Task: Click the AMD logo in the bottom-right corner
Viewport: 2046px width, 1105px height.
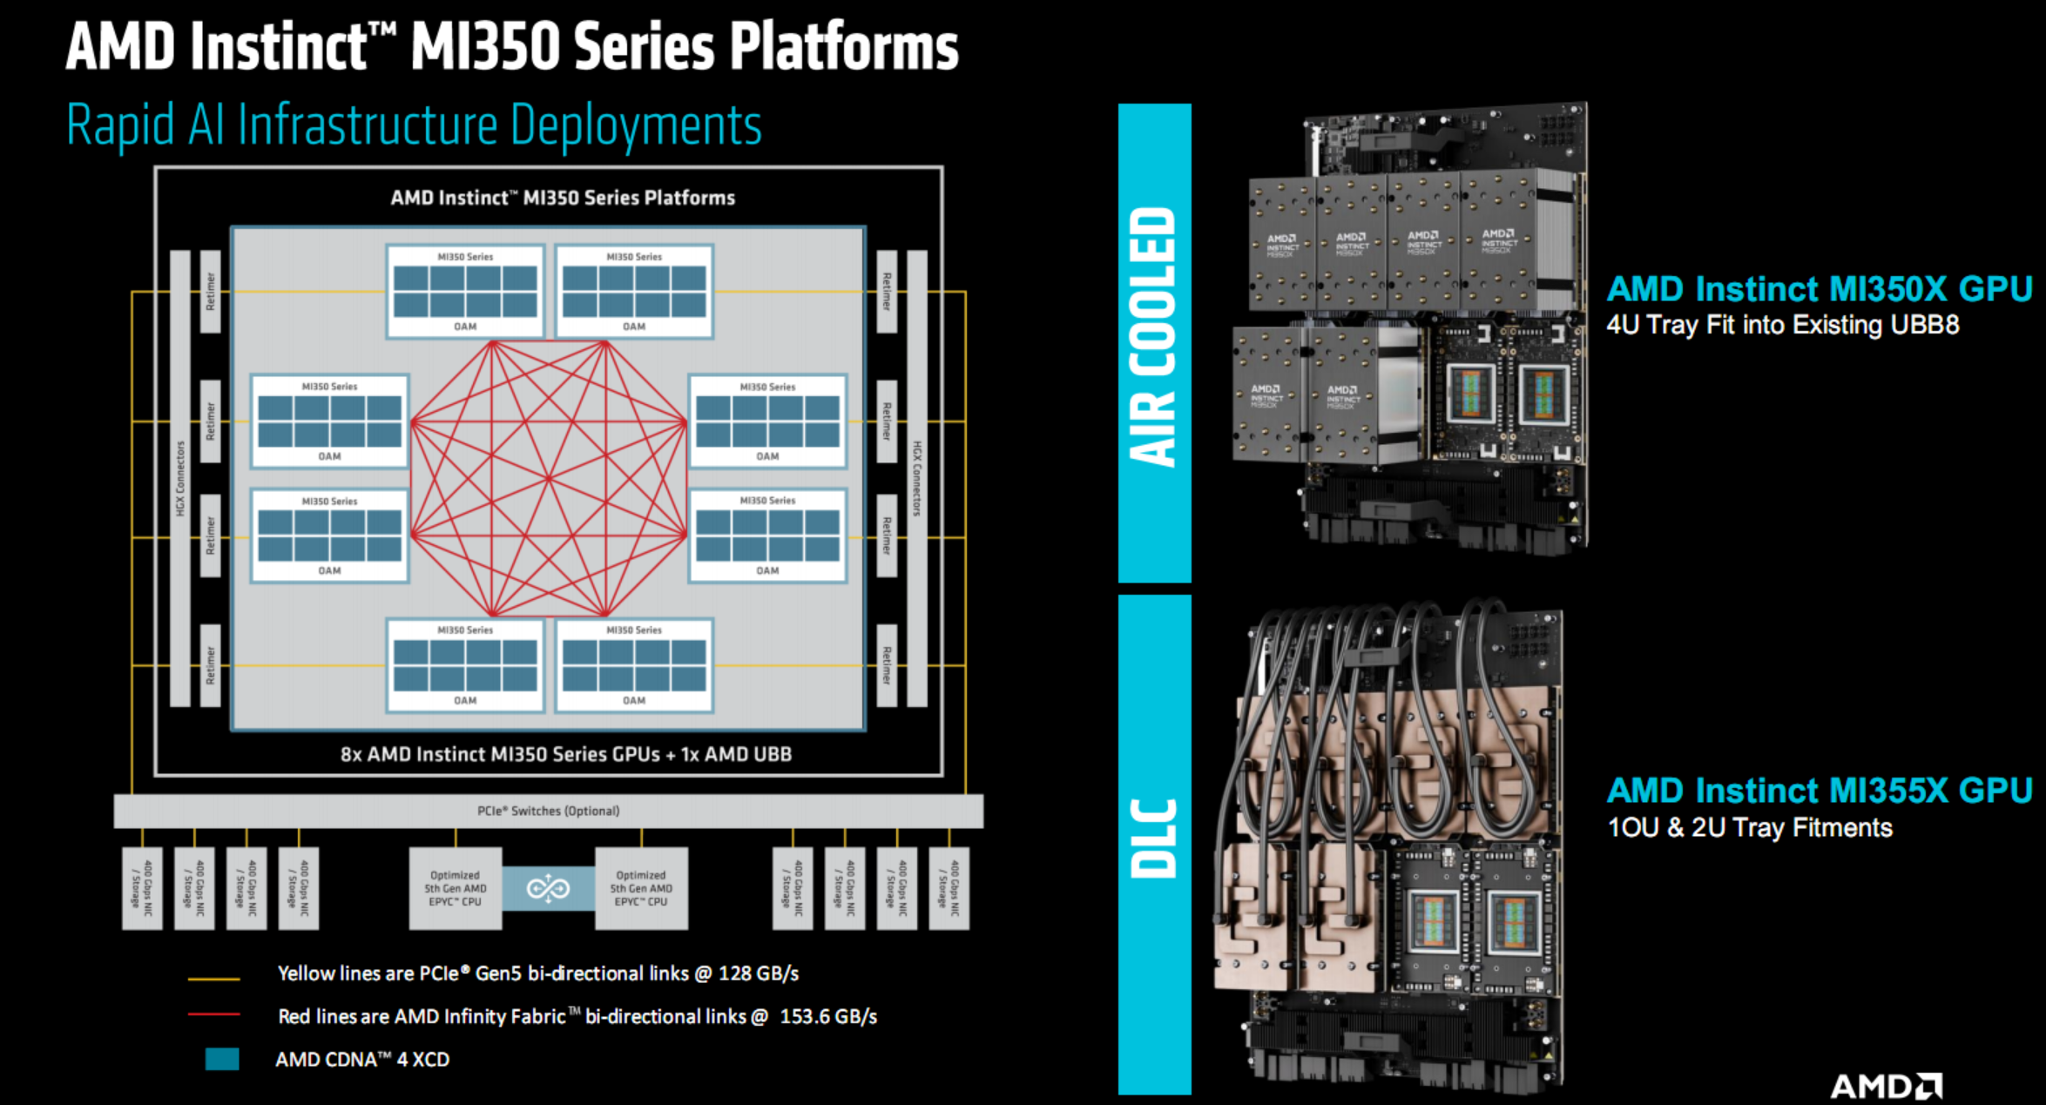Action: (1886, 1086)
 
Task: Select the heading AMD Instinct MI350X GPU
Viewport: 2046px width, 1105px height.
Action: (1819, 289)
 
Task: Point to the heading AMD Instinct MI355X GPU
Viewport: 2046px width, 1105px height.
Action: (1819, 791)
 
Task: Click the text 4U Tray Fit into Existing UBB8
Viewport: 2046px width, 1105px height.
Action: (1782, 325)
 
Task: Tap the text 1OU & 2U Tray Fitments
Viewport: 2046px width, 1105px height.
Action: (1749, 827)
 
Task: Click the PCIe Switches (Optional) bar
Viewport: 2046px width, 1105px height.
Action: (548, 811)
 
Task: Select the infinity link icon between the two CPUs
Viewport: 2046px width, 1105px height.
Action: (548, 888)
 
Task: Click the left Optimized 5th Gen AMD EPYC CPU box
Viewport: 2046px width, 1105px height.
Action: (455, 888)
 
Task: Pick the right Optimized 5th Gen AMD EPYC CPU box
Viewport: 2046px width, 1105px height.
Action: (641, 888)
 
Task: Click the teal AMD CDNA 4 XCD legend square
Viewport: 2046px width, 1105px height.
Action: (222, 1059)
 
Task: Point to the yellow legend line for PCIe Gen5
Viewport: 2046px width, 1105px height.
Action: (213, 980)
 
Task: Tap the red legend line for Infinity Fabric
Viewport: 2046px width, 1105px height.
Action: (213, 1014)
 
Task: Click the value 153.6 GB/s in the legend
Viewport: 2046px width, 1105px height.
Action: (827, 1016)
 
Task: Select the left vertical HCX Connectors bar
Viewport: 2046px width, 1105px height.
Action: (180, 478)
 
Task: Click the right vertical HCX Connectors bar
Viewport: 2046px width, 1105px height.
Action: (916, 478)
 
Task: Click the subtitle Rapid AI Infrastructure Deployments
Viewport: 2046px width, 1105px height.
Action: (414, 125)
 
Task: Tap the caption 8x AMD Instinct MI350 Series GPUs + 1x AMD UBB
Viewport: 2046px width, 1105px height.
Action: (565, 754)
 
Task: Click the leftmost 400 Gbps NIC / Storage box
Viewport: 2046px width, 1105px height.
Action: (142, 888)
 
